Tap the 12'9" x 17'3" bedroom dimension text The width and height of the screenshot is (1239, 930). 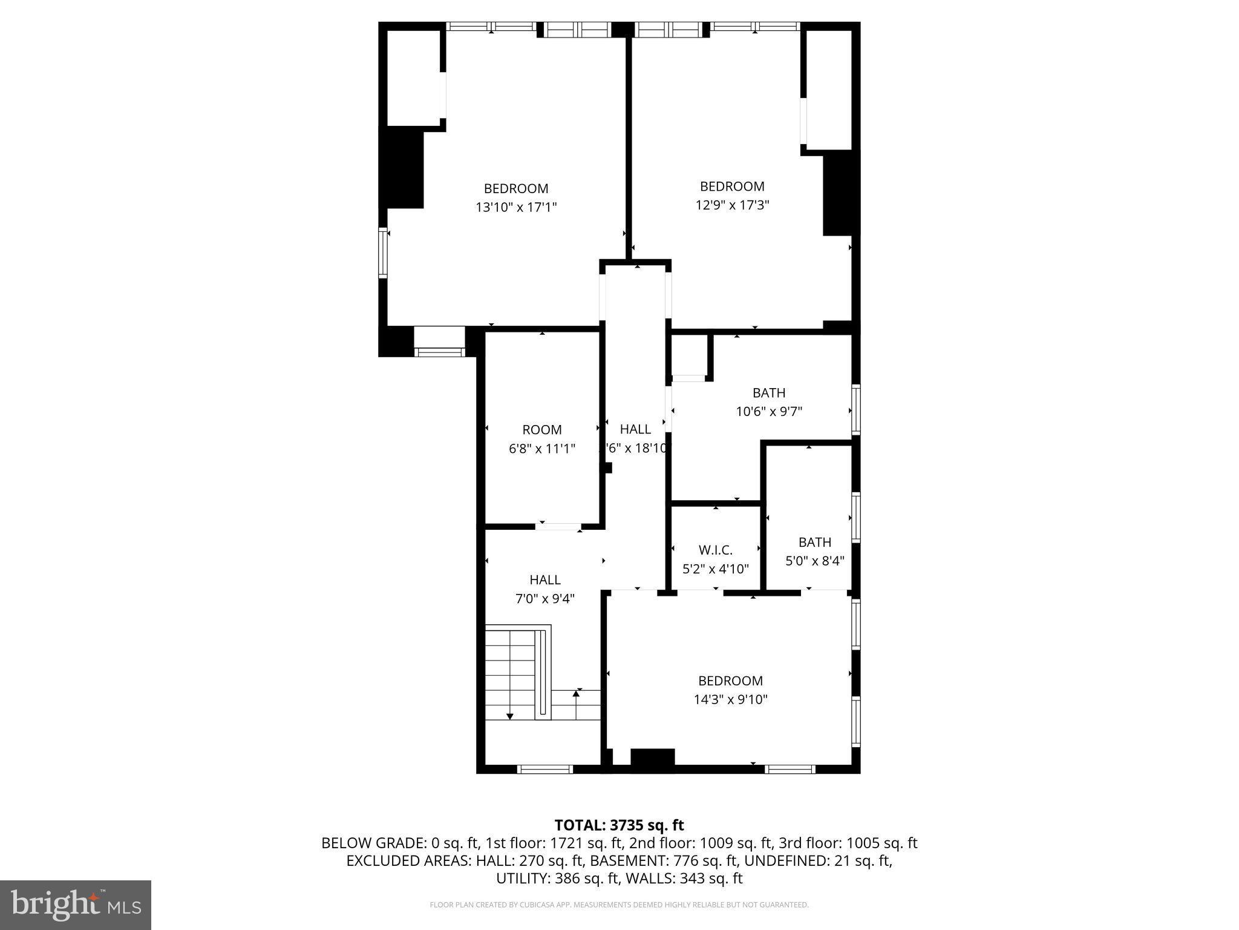732,205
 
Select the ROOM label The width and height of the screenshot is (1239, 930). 541,430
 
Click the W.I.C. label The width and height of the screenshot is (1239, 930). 715,550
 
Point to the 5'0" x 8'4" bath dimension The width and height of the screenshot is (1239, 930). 814,561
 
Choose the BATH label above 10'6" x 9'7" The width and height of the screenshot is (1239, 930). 768,393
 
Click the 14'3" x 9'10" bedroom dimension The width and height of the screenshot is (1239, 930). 730,700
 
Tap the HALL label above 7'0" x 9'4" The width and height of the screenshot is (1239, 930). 544,580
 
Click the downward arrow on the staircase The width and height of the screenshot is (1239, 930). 510,715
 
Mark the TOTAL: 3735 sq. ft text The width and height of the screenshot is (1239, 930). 619,825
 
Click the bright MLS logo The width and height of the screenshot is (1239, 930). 76,905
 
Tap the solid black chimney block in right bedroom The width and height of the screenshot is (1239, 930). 840,194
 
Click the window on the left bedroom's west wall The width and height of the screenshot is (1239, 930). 382,252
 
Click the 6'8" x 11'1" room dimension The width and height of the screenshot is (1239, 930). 541,449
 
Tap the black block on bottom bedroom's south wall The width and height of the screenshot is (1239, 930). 652,759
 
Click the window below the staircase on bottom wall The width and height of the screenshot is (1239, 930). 544,770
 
